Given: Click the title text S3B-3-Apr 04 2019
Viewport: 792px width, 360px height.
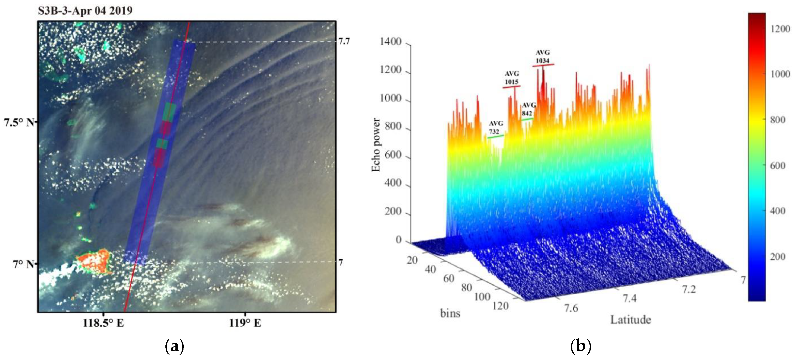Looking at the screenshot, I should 85,11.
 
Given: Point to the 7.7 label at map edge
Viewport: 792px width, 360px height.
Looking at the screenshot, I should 344,41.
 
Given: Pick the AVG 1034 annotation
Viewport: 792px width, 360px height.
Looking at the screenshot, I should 543,57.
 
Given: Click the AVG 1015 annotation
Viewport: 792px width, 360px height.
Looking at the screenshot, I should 512,78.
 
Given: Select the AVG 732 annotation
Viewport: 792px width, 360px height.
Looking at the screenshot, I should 496,127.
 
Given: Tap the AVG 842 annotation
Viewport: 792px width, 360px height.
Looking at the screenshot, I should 529,109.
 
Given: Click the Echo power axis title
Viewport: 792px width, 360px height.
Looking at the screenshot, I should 376,145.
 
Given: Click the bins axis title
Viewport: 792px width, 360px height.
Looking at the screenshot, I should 450,313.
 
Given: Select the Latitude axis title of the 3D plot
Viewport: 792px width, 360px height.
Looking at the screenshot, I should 630,320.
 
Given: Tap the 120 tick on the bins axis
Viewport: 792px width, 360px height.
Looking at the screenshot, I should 501,306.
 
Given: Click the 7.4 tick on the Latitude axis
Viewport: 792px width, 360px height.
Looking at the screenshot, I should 630,298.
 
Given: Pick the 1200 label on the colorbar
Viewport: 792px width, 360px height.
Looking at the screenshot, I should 780,29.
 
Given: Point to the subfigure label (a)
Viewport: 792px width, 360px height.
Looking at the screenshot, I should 175,347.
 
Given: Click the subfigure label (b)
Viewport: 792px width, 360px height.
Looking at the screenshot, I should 580,347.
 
